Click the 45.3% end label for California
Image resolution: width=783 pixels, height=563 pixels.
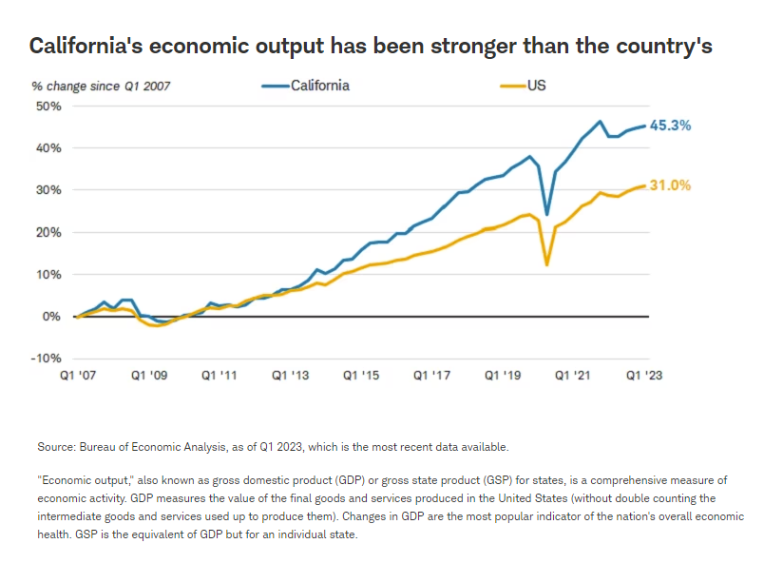coord(670,126)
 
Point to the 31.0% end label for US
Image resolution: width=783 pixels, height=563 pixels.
coord(670,185)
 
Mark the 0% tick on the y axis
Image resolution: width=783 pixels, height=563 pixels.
coord(51,316)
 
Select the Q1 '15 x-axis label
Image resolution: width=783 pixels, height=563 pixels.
coord(361,376)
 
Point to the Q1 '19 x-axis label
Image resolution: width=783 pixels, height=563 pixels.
coord(504,376)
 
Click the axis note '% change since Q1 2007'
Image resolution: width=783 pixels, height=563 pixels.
coord(102,87)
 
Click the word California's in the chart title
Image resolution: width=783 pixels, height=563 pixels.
coord(89,46)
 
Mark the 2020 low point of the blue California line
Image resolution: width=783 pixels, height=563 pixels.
coord(546,215)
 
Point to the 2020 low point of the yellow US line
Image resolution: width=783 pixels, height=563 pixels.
coord(546,264)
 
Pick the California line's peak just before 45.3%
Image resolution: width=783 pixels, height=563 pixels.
coord(600,122)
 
